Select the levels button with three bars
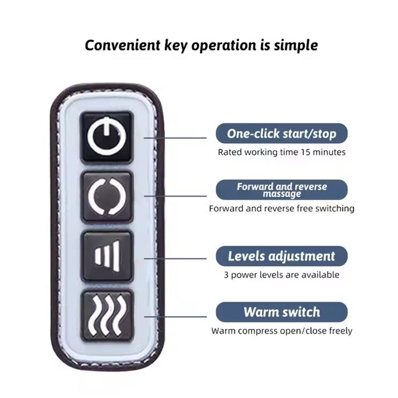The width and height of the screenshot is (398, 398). (x=107, y=256)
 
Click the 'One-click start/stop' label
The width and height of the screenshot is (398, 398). (x=281, y=133)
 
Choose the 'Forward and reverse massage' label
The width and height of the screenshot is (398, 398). (x=281, y=190)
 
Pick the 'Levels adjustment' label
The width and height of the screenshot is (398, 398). (x=281, y=256)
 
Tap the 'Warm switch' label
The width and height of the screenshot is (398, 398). (x=281, y=312)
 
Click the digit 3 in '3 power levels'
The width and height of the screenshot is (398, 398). (x=226, y=275)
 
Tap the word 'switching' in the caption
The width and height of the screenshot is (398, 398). (x=335, y=209)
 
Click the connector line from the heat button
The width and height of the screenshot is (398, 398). (x=175, y=317)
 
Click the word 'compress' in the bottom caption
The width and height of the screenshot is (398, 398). (x=253, y=331)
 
